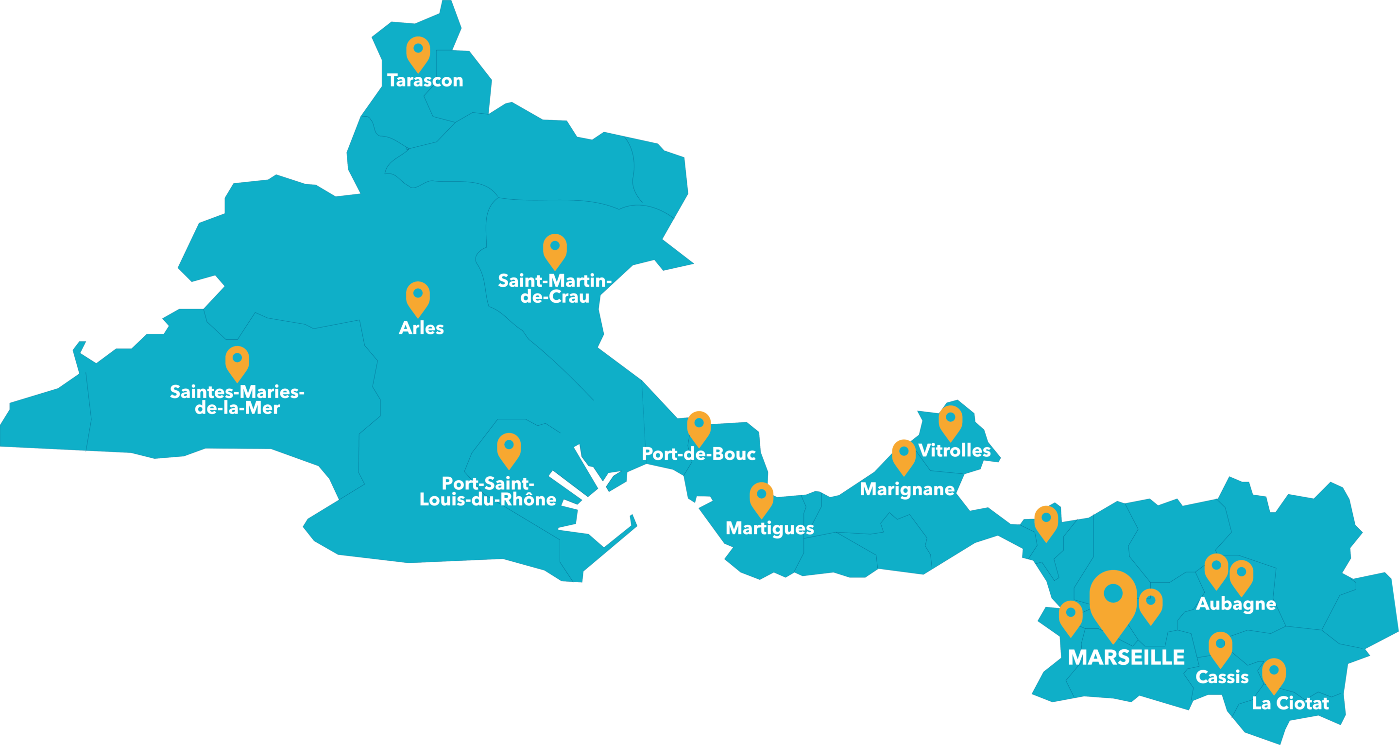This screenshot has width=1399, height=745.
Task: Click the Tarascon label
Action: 425,80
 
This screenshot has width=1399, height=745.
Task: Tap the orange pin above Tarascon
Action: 418,52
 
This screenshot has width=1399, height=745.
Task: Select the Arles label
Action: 422,328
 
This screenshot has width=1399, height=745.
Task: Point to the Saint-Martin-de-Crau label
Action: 554,289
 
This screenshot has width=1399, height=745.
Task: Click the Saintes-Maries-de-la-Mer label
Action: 238,399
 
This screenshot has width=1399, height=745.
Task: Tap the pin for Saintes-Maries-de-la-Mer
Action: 238,362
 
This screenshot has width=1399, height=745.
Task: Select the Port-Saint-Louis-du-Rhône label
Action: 488,491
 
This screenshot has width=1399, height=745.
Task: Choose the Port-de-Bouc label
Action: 699,454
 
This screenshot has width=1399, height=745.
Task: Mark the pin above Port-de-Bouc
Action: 699,427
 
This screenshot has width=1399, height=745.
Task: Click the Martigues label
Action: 769,528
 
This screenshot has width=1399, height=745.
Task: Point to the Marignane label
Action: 907,489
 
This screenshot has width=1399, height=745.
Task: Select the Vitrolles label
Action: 954,450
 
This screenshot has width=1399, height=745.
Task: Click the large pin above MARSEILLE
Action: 1113,601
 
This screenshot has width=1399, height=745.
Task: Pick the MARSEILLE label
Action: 1126,658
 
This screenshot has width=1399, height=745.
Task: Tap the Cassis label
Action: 1222,677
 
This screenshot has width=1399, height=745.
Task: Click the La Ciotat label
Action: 1290,703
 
